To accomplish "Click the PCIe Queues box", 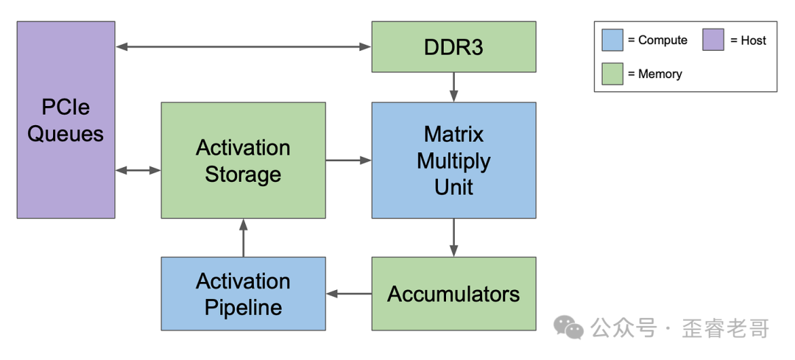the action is point(66,120).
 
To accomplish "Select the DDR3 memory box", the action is point(453,46).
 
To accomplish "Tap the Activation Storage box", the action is point(244,160).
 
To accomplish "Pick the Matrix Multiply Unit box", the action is point(453,160).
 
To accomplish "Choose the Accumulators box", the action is point(453,294).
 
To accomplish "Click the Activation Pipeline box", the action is point(244,294).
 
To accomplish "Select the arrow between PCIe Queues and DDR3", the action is point(244,46).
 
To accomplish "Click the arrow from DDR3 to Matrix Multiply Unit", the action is point(453,87).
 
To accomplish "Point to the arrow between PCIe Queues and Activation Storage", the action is point(138,170).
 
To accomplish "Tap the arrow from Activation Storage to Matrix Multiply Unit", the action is point(348,160).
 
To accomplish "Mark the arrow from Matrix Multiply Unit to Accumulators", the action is point(453,238).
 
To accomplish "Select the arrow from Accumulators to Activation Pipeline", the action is point(348,294).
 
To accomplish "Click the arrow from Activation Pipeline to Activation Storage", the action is point(244,238).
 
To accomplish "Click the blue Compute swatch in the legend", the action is point(612,40).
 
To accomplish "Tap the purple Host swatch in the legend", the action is point(713,40).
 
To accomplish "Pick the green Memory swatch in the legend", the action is point(612,74).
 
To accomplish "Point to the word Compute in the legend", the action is point(662,40).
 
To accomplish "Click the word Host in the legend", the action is point(754,40).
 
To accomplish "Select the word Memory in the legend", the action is point(660,74).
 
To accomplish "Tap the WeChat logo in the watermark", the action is point(568,327).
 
